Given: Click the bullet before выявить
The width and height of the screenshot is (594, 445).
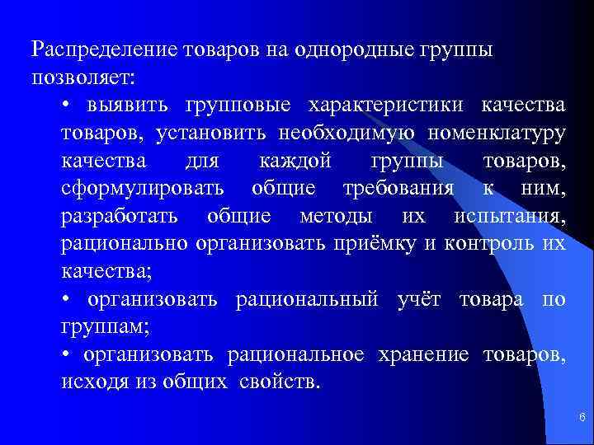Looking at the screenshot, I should (x=66, y=106).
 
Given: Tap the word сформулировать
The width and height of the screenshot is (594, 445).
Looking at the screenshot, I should (x=142, y=190).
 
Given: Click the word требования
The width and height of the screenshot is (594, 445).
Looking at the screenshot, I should (x=398, y=190).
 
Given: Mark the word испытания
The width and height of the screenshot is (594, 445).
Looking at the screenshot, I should (x=509, y=218).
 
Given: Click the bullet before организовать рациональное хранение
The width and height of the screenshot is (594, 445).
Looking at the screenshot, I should (x=66, y=355).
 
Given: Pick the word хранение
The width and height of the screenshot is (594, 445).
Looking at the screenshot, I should (x=422, y=355).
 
